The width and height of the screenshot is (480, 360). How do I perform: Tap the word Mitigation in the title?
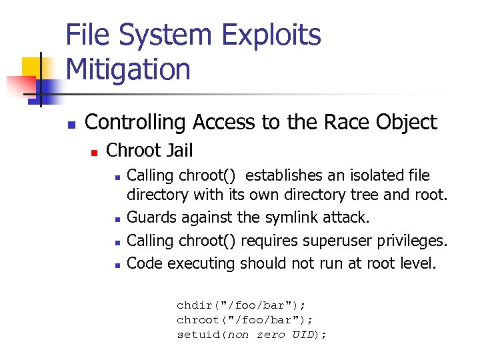[x=128, y=69]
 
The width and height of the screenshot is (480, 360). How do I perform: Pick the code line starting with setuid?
[x=251, y=335]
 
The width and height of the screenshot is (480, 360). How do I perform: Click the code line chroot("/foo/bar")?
[x=245, y=320]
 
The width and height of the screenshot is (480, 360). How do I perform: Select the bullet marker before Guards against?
[x=117, y=219]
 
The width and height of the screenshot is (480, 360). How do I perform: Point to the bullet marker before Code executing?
[x=117, y=265]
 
